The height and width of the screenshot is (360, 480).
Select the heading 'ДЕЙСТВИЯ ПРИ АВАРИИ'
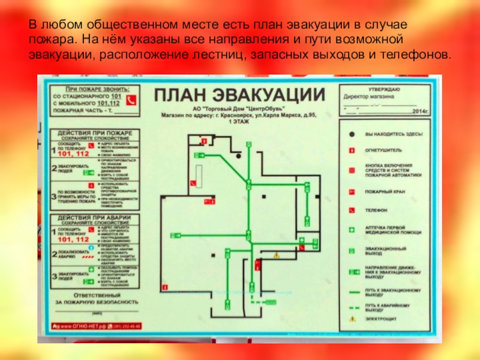(93, 217)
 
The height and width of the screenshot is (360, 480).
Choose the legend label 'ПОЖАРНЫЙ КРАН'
(383, 191)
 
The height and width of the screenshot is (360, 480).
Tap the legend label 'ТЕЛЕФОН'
(376, 211)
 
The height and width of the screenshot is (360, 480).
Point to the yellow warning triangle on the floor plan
(276, 257)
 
